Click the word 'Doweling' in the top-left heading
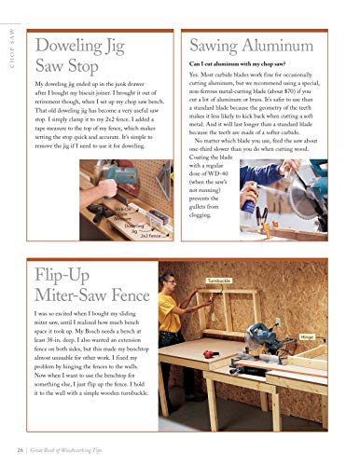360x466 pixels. (71, 46)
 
